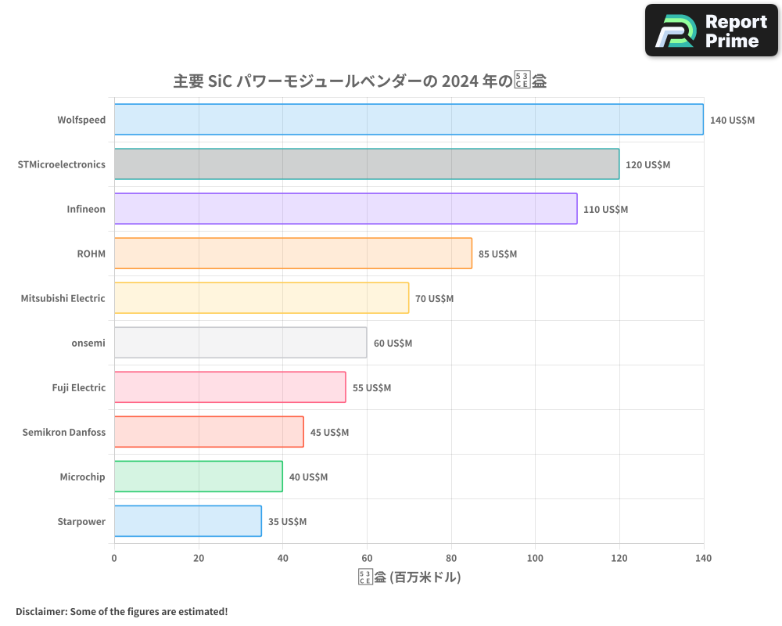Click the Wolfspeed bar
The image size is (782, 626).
(x=408, y=120)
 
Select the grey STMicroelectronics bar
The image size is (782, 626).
(x=367, y=164)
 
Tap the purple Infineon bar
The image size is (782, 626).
(x=346, y=209)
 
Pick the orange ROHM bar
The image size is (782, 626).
(x=293, y=254)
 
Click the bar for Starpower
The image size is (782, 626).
(x=188, y=521)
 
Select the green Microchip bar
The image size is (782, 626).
(x=199, y=477)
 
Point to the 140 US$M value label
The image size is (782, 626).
(x=732, y=121)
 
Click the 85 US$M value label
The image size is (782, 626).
(x=497, y=254)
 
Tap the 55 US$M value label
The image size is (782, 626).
(x=371, y=388)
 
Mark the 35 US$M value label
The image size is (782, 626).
(x=287, y=522)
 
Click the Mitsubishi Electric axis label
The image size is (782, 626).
(x=63, y=298)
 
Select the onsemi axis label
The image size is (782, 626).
(x=88, y=343)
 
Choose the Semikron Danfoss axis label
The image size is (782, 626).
(x=64, y=432)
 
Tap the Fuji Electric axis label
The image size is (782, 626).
(x=77, y=387)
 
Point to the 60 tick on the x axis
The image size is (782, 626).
(x=367, y=558)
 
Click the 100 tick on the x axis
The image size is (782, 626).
(x=535, y=558)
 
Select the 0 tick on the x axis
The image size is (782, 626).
(x=114, y=558)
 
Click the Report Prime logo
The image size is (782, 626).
(x=712, y=31)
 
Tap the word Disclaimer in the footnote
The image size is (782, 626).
(x=40, y=611)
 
